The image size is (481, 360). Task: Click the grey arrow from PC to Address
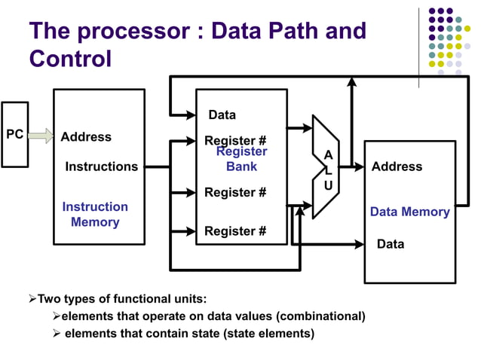42,136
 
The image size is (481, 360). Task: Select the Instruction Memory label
95,215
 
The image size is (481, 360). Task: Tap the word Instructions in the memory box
102,166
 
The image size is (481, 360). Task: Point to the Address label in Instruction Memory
86,137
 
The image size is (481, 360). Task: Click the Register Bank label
242,159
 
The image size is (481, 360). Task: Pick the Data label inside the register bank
222,115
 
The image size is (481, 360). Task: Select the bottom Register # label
235,231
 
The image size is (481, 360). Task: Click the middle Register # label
235,193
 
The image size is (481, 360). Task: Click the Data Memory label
409,212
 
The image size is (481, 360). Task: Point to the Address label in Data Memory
397,166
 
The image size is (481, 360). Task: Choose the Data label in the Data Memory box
391,244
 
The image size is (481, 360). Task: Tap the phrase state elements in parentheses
268,333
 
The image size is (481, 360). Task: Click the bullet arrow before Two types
32,298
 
